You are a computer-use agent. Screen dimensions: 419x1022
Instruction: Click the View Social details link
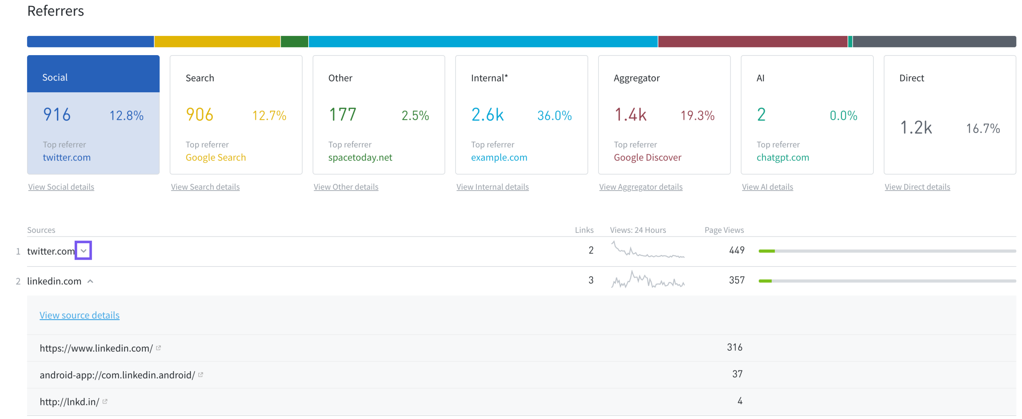pyautogui.click(x=61, y=187)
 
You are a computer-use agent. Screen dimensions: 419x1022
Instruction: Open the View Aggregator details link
pyautogui.click(x=640, y=187)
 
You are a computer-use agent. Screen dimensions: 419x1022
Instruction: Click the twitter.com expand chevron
pyautogui.click(x=83, y=250)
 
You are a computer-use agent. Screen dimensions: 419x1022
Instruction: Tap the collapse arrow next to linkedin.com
pyautogui.click(x=90, y=281)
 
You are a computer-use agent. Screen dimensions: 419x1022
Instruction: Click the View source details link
pyautogui.click(x=79, y=315)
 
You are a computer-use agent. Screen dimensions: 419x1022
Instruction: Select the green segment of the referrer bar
pyautogui.click(x=294, y=42)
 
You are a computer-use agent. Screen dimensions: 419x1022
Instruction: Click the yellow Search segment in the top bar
pyautogui.click(x=217, y=42)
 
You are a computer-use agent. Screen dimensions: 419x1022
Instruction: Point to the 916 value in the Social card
pyautogui.click(x=57, y=115)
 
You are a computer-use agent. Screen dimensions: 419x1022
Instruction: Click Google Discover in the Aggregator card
pyautogui.click(x=647, y=157)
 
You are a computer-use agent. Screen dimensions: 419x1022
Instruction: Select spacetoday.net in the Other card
pyautogui.click(x=360, y=157)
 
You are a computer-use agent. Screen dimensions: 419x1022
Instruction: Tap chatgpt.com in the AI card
pyautogui.click(x=782, y=157)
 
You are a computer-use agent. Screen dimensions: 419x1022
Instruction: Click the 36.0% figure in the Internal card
pyautogui.click(x=554, y=115)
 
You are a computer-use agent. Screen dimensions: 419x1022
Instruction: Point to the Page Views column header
pyautogui.click(x=724, y=230)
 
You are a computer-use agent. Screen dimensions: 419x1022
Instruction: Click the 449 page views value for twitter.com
pyautogui.click(x=737, y=250)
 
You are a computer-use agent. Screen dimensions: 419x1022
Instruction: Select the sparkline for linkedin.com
pyautogui.click(x=648, y=280)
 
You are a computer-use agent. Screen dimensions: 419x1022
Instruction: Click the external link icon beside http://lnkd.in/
pyautogui.click(x=105, y=401)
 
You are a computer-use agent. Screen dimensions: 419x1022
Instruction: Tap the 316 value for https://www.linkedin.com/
pyautogui.click(x=734, y=347)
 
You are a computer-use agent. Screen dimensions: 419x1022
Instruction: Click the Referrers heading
pyautogui.click(x=55, y=11)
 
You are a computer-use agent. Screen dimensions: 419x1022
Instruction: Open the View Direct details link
pyautogui.click(x=917, y=187)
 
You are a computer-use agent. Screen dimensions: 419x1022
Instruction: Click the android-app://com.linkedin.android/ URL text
pyautogui.click(x=117, y=375)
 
